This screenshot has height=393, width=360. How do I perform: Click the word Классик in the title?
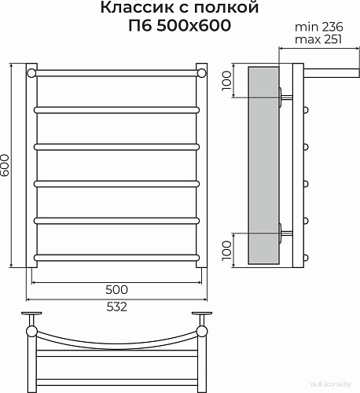coord(129,9)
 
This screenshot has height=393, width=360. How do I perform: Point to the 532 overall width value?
coord(116,307)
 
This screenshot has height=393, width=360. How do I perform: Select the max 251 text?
coord(317,39)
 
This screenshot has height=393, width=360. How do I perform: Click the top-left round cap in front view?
coord(31,73)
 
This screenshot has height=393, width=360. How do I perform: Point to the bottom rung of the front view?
coord(116,255)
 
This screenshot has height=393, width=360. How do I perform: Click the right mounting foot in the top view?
coord(203,317)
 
